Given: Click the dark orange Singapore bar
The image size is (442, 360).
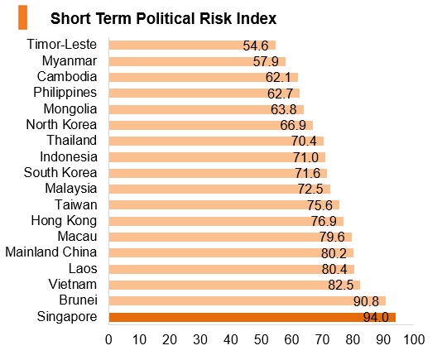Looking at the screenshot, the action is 252,317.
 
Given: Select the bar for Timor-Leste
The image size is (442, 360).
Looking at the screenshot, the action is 192,46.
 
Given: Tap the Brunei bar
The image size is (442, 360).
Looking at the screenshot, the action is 247,300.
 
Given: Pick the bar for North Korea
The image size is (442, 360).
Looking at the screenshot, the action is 211,125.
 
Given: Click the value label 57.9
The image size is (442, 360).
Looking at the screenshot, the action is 266,61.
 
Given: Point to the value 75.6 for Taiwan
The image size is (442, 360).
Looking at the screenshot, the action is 319,205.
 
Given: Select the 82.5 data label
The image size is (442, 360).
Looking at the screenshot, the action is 340,285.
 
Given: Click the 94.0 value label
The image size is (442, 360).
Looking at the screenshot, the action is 376,318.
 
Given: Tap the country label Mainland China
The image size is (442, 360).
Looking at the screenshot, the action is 51,252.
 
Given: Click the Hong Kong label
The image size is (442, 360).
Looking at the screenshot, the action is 64,221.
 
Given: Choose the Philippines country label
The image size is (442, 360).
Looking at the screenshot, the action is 65,93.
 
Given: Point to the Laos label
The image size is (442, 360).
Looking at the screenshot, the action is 83,268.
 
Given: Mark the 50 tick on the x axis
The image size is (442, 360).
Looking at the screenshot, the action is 261,339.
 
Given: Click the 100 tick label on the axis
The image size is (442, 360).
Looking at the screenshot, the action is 414,339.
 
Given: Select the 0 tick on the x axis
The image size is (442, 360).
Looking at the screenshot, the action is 108,339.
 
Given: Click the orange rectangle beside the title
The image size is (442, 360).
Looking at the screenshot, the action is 23,17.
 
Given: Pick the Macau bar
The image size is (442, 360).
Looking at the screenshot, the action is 230,237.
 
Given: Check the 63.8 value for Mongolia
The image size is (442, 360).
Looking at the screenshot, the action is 283,109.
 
